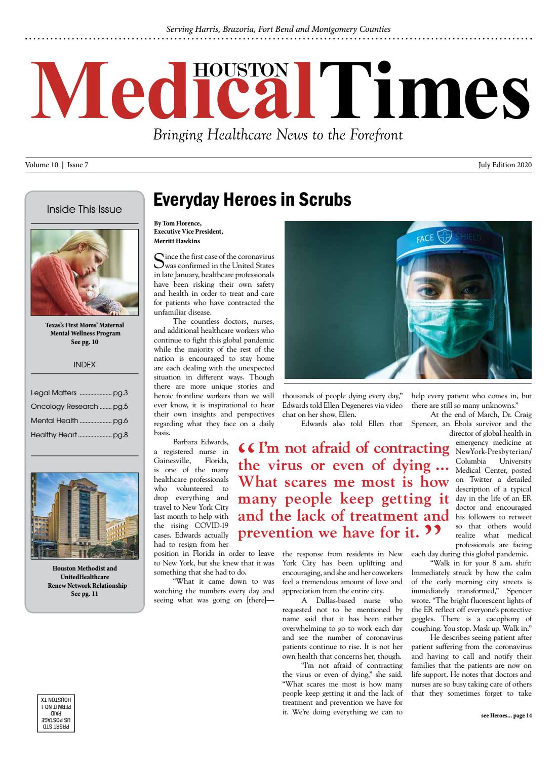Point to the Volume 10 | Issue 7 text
57,165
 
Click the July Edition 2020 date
504,165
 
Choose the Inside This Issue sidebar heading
84,209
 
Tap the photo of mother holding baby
85,272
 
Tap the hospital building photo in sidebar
85,515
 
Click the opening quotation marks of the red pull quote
247,449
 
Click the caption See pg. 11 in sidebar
85,593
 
